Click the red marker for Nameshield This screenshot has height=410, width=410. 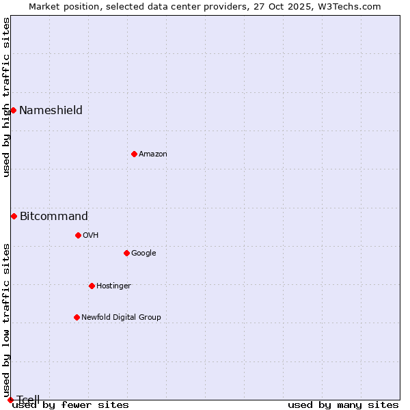(x=13, y=110)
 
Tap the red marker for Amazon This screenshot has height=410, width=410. (x=134, y=154)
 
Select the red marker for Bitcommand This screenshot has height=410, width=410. (x=14, y=216)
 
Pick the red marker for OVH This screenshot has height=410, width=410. (x=78, y=235)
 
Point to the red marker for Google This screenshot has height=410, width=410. (x=126, y=253)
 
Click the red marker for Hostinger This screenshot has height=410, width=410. (x=92, y=286)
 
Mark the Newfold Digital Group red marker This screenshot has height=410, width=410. (x=77, y=317)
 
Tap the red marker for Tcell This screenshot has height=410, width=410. (x=10, y=400)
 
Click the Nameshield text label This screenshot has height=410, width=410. (x=51, y=111)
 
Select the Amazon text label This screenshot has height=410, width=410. (x=152, y=154)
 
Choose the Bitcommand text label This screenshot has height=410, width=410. (x=53, y=217)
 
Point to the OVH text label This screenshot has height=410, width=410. (x=90, y=236)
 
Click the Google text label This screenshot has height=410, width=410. (x=143, y=254)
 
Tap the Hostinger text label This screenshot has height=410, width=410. (x=113, y=286)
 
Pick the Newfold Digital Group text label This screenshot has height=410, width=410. (x=121, y=318)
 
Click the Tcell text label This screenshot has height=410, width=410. (x=28, y=399)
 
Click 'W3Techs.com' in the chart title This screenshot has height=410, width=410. (x=353, y=6)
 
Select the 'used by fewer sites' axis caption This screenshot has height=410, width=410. (x=70, y=405)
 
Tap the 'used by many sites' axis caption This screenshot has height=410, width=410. (x=343, y=405)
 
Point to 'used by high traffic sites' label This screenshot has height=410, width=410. (x=6, y=97)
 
